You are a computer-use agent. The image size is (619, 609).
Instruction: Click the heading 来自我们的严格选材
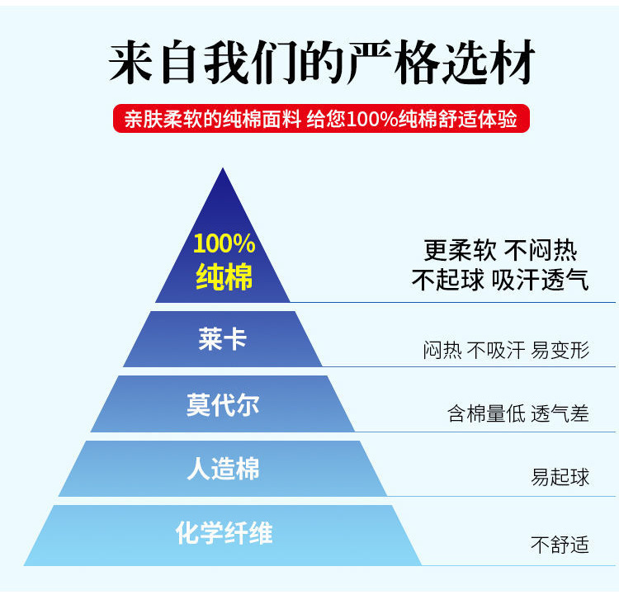[322, 64]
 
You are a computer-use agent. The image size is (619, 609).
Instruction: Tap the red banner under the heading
[321, 119]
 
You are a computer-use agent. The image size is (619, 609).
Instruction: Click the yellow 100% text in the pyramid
[224, 243]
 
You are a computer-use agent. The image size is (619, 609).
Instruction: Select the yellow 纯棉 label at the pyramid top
[224, 276]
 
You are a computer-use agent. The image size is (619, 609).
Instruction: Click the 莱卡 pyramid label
[223, 339]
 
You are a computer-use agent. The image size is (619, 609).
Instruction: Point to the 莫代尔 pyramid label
[223, 404]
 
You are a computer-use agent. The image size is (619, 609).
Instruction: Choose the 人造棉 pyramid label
[223, 469]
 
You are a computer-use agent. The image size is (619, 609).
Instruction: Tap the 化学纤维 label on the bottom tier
[224, 533]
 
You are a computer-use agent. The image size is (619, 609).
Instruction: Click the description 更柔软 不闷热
[500, 250]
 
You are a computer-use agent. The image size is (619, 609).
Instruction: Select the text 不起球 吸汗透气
[500, 280]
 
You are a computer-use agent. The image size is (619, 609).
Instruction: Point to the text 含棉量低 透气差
[518, 413]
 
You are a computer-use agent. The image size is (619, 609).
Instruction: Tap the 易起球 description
[560, 477]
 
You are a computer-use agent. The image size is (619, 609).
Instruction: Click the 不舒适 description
[560, 544]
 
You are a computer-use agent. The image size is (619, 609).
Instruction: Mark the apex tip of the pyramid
[223, 170]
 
